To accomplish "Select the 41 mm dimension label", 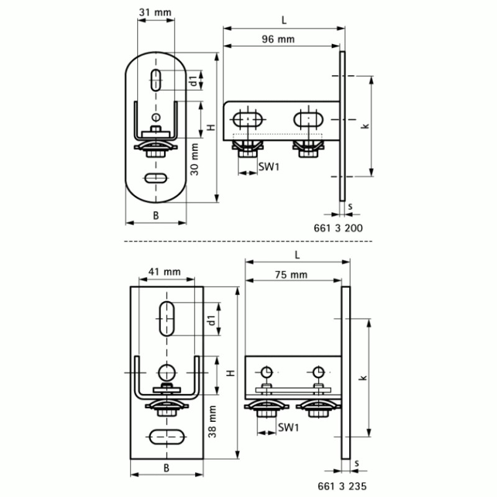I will [164, 271].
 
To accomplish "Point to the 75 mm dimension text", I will [291, 275].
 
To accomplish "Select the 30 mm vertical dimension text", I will [195, 159].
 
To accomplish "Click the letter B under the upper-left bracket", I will [156, 215].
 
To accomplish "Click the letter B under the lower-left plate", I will [166, 468].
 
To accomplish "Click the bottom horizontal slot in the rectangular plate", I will [166, 436].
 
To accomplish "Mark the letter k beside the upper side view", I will [365, 126].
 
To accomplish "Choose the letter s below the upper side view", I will [351, 205].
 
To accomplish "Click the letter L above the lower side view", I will [297, 255].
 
